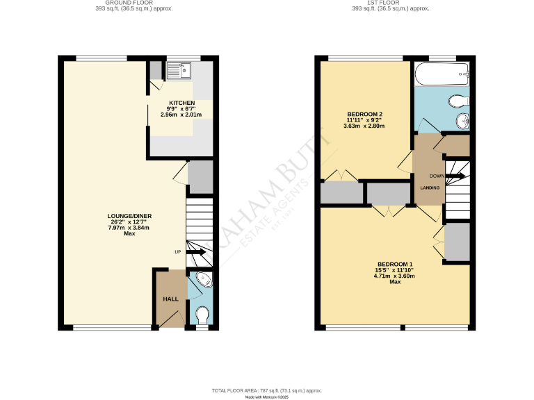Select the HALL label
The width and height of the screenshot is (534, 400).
170,299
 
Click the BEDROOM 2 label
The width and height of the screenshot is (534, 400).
366,114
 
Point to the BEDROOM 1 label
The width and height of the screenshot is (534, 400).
395,264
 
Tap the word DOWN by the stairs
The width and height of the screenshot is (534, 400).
436,176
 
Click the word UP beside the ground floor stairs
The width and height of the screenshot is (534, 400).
178,252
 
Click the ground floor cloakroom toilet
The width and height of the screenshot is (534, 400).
202,315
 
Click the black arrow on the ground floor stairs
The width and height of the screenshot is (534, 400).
196,253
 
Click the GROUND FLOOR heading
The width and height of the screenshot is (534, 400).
133,3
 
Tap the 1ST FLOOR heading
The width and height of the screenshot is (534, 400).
390,3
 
